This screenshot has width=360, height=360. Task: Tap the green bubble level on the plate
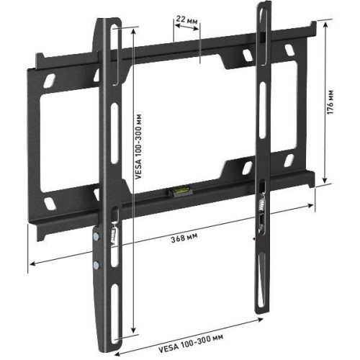click(x=176, y=192)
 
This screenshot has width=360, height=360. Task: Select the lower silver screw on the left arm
click(x=95, y=264)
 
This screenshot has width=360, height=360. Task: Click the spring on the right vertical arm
click(x=260, y=204)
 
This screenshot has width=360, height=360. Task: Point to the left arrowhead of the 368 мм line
click(x=31, y=268)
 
